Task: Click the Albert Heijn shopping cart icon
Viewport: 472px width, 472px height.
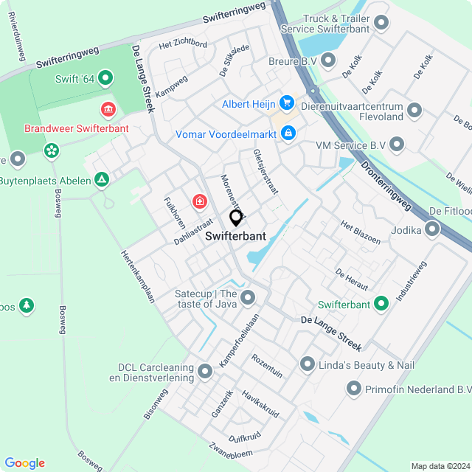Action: tap(288, 104)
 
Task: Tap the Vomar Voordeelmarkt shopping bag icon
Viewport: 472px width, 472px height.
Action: tap(289, 133)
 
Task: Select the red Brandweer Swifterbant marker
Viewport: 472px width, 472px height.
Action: tap(109, 111)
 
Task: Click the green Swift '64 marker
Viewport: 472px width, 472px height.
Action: tap(105, 77)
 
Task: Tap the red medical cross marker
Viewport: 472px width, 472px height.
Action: tap(199, 201)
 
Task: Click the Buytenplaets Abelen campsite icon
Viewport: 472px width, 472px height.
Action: tap(102, 180)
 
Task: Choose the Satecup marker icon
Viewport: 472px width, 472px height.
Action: tap(248, 298)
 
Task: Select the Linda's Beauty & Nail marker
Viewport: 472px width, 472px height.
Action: tap(308, 364)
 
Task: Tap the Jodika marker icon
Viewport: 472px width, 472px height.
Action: tap(431, 230)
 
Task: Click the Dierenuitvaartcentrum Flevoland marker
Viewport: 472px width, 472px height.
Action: tap(414, 111)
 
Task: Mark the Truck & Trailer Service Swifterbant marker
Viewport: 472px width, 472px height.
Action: tap(381, 23)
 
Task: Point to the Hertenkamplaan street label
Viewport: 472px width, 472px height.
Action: tap(139, 276)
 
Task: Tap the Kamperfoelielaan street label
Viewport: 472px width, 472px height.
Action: tap(240, 341)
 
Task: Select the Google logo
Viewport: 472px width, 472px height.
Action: tap(24, 462)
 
